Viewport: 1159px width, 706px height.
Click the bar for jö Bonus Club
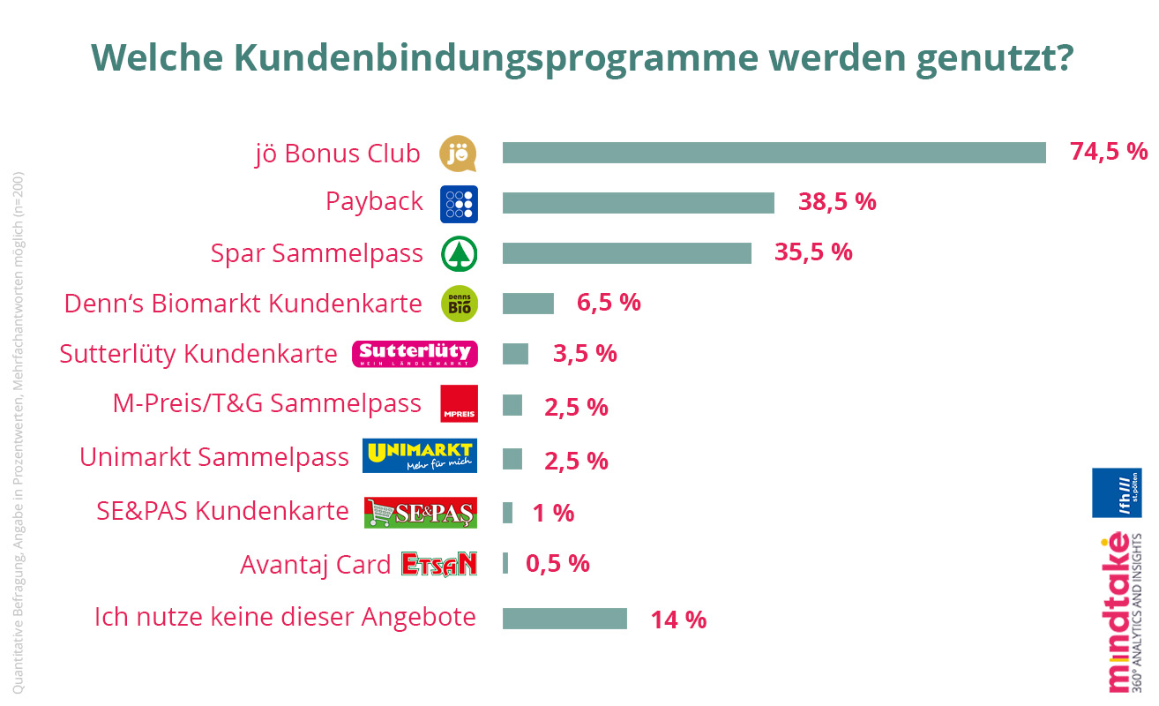(x=774, y=153)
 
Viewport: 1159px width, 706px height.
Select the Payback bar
(x=638, y=203)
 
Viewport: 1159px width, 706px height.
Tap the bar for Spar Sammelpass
(x=626, y=253)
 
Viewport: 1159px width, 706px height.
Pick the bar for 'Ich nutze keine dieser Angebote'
(x=565, y=618)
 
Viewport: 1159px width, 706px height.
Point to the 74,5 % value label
(x=1109, y=152)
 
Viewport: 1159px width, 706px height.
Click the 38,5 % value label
(x=837, y=202)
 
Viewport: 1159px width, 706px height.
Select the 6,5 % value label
(x=609, y=303)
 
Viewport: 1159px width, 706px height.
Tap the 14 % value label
(x=678, y=620)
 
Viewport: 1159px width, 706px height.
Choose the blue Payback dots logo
(x=459, y=204)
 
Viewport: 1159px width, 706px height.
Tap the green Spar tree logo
(x=459, y=254)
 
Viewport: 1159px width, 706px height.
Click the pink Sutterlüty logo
(x=415, y=354)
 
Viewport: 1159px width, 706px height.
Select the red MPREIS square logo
(x=459, y=403)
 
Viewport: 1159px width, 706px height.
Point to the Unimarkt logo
(x=420, y=455)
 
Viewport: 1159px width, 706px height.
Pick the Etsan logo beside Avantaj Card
(x=438, y=564)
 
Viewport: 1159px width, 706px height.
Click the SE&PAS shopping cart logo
(x=420, y=512)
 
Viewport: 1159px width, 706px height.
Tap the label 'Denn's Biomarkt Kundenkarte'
(x=243, y=304)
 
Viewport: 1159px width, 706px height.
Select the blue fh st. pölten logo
(x=1117, y=492)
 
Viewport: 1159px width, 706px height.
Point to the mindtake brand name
(x=1118, y=613)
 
